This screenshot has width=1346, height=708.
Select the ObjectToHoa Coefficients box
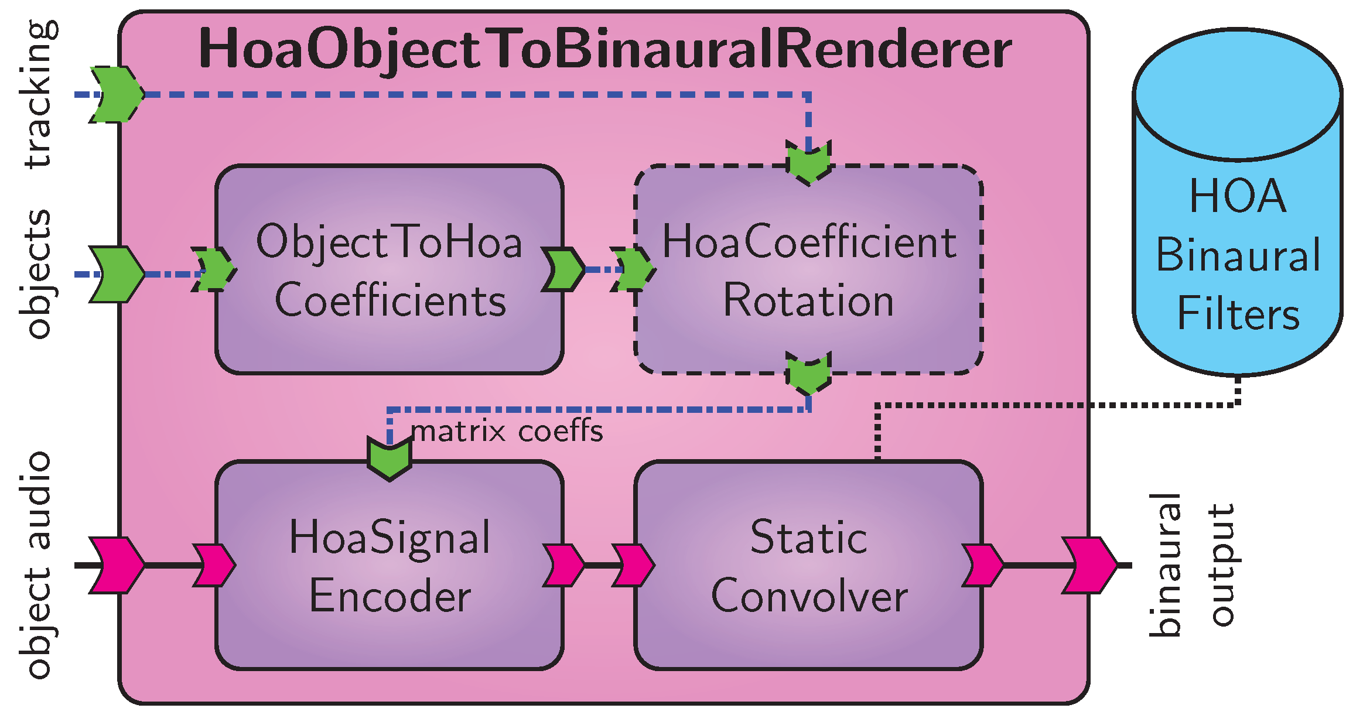(x=390, y=269)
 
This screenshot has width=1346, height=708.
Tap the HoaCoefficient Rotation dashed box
(x=808, y=269)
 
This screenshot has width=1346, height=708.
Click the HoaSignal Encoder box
(x=390, y=566)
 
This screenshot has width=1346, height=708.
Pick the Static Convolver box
(x=808, y=566)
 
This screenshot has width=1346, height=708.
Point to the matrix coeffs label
(x=507, y=432)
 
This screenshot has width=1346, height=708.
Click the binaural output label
(x=1192, y=565)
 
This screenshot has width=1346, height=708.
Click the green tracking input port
(x=117, y=94)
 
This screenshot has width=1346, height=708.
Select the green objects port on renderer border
(x=117, y=274)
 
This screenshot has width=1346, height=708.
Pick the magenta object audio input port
(x=117, y=565)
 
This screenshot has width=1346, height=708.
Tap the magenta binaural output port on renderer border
(x=1089, y=565)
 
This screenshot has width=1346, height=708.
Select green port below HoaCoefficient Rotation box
(x=808, y=373)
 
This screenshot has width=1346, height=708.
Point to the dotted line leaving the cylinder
(x=1054, y=405)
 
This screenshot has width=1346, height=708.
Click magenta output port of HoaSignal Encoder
(x=563, y=565)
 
